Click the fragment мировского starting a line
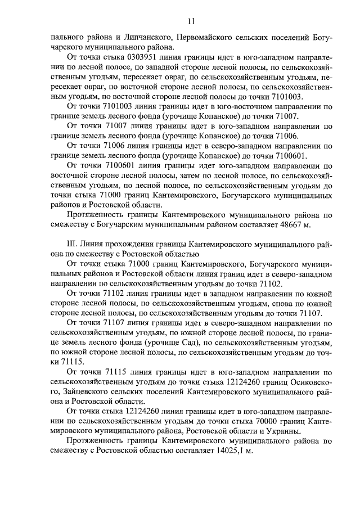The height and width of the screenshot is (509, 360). tap(72, 431)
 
